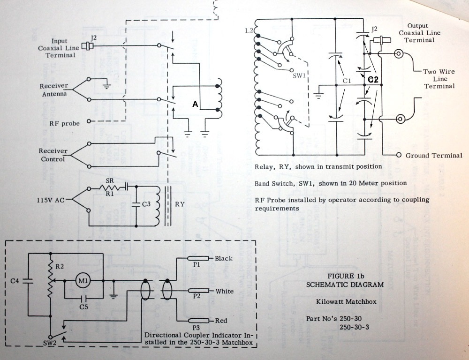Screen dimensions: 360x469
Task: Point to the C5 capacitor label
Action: pos(84,307)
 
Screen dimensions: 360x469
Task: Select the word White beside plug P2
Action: pos(224,291)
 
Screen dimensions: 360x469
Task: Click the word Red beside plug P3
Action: pos(221,321)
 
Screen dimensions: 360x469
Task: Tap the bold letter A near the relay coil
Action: pos(194,106)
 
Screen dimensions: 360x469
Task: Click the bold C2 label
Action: pos(373,80)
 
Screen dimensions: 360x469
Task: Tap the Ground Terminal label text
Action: pos(434,156)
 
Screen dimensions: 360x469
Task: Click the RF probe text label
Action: pos(65,123)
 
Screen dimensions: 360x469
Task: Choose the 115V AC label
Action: pos(52,200)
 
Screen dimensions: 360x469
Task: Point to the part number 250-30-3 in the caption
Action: pos(353,327)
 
